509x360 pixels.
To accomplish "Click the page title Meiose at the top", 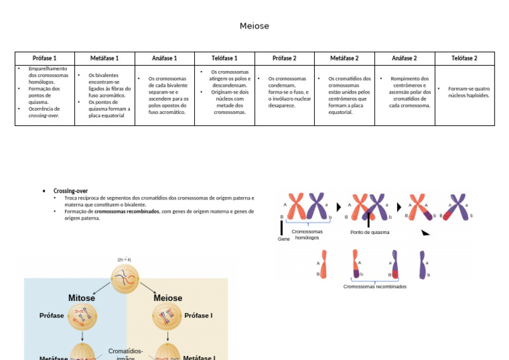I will (254, 26).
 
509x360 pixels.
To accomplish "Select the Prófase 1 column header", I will (44, 58).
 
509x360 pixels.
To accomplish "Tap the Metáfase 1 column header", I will (104, 58).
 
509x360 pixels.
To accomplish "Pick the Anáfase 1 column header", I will (164, 58).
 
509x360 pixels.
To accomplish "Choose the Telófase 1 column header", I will (224, 58).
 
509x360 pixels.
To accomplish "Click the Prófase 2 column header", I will (284, 58).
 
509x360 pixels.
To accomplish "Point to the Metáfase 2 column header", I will (344, 58).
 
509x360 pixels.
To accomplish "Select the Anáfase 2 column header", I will (404, 58).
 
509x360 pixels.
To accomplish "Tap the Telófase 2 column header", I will (464, 58).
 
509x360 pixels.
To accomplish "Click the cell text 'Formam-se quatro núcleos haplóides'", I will (468, 91).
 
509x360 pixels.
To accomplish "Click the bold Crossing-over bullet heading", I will (70, 191).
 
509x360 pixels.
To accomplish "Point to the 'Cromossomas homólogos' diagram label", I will (307, 235).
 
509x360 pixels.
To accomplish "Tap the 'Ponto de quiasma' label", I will (370, 233).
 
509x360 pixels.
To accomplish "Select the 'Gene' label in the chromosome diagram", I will (284, 239).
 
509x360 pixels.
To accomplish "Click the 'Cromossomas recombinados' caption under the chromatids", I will (374, 286).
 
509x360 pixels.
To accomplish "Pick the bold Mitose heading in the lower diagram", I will (82, 298).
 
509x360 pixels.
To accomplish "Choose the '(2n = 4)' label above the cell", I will (125, 259).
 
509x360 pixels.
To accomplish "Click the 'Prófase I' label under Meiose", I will (198, 316).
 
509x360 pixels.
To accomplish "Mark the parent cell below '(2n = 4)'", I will (125, 278).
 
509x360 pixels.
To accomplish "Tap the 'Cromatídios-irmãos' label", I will (125, 355).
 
